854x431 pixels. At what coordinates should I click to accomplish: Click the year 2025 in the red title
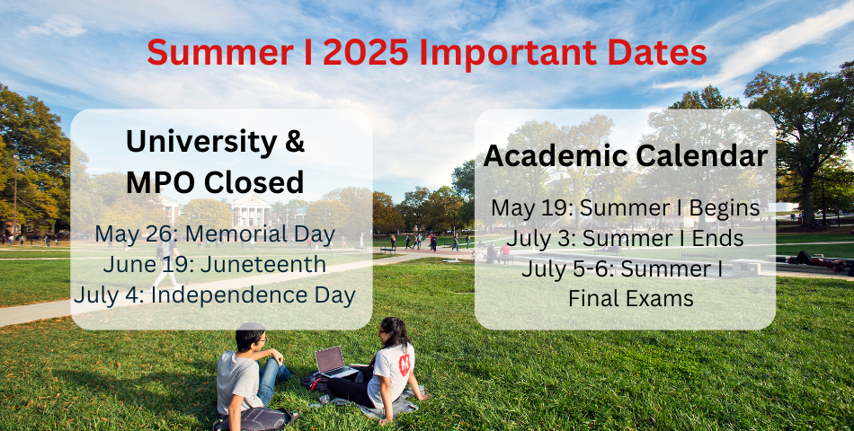[365, 53]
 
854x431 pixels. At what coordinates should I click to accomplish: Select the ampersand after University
[294, 142]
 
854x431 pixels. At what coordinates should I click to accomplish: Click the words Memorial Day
[260, 234]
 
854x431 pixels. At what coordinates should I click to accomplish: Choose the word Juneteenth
[263, 265]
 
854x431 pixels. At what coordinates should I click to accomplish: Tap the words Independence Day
[254, 295]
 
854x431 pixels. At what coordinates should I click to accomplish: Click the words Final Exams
[631, 298]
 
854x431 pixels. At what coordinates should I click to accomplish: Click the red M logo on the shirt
[405, 364]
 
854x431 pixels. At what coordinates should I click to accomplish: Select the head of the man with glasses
[251, 337]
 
